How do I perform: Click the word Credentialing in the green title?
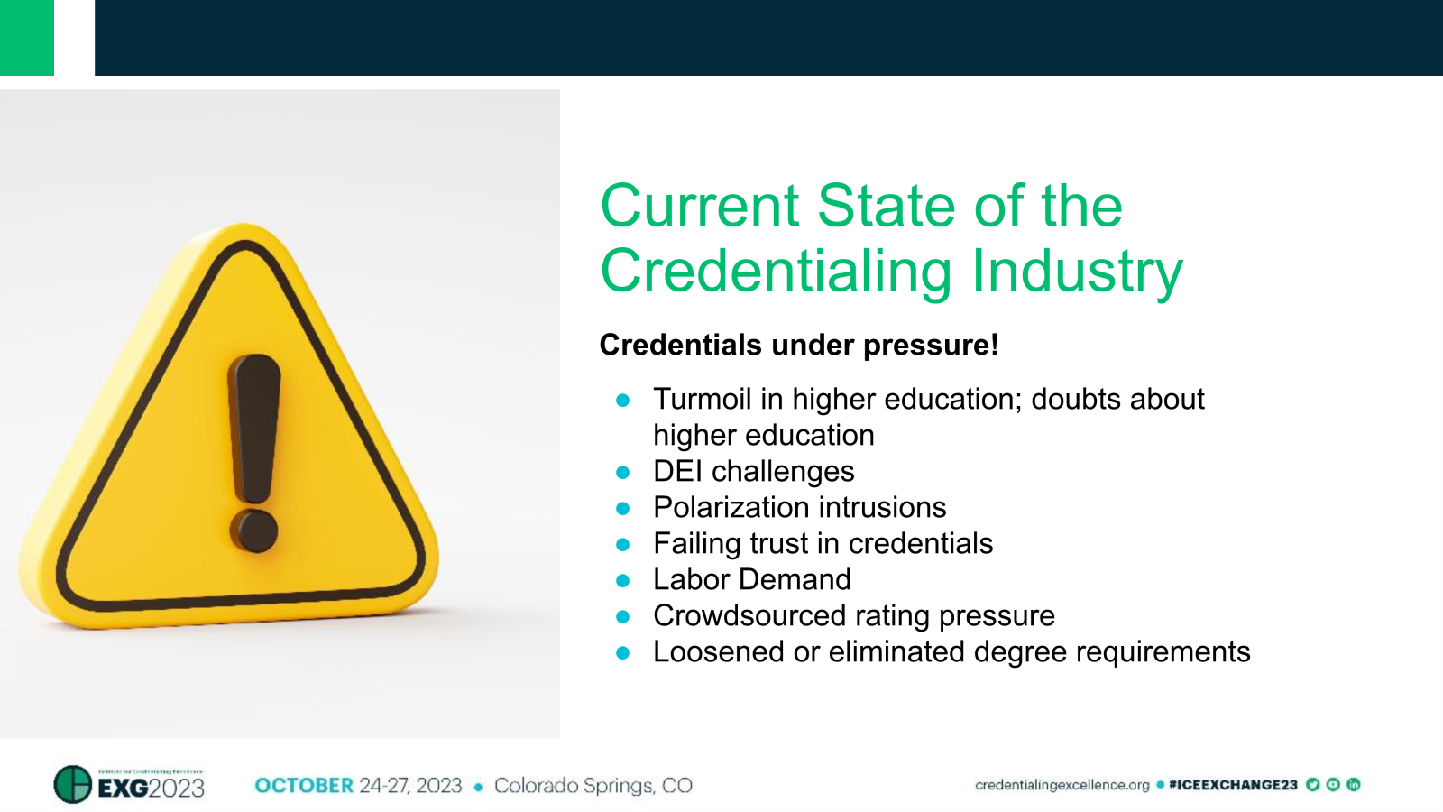(776, 271)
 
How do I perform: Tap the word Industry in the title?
(1077, 271)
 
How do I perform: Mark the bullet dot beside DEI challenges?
(622, 472)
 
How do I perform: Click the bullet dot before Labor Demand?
(622, 580)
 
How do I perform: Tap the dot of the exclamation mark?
(253, 531)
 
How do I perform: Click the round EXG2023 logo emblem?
(73, 784)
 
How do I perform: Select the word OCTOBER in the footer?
(304, 786)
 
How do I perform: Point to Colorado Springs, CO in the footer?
(593, 786)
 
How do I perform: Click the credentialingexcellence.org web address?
(1062, 785)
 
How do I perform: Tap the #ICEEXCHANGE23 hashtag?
(1233, 785)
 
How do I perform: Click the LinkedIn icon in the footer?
(1353, 785)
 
